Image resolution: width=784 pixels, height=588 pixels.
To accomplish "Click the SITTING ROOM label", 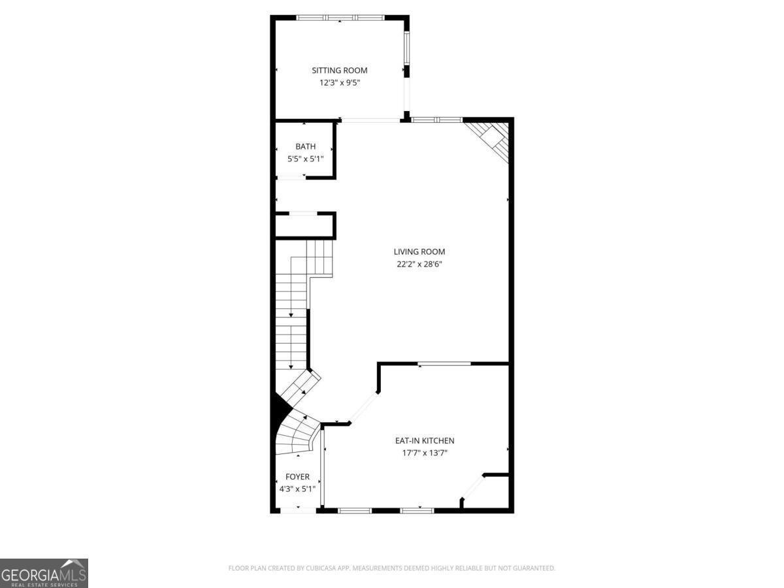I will coord(339,71).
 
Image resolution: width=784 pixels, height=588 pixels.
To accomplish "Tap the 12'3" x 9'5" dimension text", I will coord(339,83).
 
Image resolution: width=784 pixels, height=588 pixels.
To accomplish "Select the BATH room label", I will coord(305,146).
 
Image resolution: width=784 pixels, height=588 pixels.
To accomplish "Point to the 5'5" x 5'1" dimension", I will coord(305,159).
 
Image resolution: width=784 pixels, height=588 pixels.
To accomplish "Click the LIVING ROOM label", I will coord(419,252).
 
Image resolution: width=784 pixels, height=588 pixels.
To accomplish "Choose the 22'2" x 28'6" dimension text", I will coord(419,264).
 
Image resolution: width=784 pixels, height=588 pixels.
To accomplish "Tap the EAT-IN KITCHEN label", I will coord(424,441).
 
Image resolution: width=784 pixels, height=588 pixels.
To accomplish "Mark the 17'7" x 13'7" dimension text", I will coord(424,453).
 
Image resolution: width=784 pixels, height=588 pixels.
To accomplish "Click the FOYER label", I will coord(297,477).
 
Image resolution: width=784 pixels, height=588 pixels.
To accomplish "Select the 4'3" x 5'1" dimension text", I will coord(297,489).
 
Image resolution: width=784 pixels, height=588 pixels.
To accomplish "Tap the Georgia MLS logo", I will coord(44,573).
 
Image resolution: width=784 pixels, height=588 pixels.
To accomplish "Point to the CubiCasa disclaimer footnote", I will coord(391,568).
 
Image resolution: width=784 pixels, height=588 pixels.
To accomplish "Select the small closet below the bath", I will coord(304,226).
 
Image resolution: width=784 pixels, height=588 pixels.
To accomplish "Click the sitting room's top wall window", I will coord(340,18).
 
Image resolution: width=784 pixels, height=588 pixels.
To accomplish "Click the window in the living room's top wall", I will coord(436,120).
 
